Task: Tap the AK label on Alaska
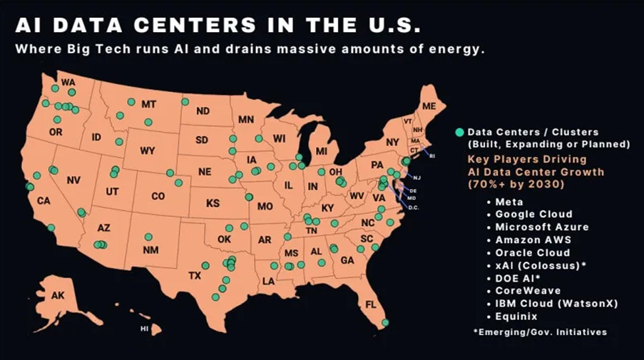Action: pyautogui.click(x=58, y=296)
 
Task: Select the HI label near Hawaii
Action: pyautogui.click(x=144, y=329)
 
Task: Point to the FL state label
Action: pyautogui.click(x=370, y=304)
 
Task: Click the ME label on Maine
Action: pyautogui.click(x=429, y=106)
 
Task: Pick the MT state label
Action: pyautogui.click(x=148, y=104)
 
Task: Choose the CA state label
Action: pyautogui.click(x=44, y=200)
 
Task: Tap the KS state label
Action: pyautogui.click(x=213, y=203)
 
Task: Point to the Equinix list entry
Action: pyautogui.click(x=516, y=316)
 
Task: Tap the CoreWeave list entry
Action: pyautogui.click(x=527, y=290)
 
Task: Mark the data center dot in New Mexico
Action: pyautogui.click(x=148, y=237)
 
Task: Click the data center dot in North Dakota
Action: pyautogui.click(x=185, y=102)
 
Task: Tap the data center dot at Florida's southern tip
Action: pyautogui.click(x=385, y=323)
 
